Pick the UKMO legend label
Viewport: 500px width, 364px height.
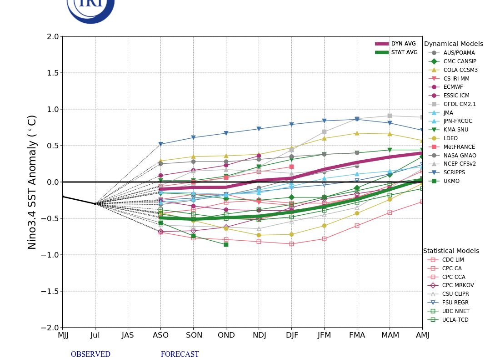coord(451,181)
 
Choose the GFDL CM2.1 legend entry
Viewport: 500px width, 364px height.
coord(460,104)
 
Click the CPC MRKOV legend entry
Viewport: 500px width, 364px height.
coord(458,285)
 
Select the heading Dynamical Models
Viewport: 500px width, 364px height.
coord(453,44)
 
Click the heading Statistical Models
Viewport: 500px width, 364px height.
coord(451,251)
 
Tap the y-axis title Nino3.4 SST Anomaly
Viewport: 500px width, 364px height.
coord(32,182)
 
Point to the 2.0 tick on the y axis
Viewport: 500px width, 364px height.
coord(53,36)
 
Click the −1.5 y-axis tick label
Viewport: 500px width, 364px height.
coord(50,291)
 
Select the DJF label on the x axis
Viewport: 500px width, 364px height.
coord(292,335)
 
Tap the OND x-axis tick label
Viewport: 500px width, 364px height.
coord(226,335)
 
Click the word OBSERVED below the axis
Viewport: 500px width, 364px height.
coord(90,354)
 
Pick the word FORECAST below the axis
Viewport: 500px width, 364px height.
coord(180,354)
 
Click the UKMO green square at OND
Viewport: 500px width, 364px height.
coord(226,244)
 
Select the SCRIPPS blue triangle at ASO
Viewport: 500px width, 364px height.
coord(160,144)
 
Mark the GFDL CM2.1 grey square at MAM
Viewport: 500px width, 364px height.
coord(390,116)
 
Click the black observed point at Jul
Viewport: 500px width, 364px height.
coord(95,204)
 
